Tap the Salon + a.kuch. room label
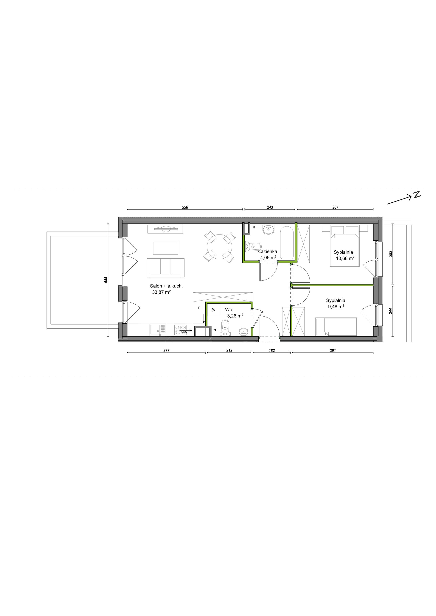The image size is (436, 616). point(166,286)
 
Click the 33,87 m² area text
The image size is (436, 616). point(161,292)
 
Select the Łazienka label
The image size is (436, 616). point(268,251)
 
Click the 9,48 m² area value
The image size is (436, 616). point(336,307)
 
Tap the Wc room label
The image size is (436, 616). point(229,310)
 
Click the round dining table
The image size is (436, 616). point(220,247)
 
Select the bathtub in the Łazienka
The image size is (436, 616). point(287,243)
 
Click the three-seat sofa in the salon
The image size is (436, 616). point(166,268)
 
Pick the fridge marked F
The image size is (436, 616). point(199,308)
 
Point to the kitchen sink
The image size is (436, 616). point(158,329)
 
